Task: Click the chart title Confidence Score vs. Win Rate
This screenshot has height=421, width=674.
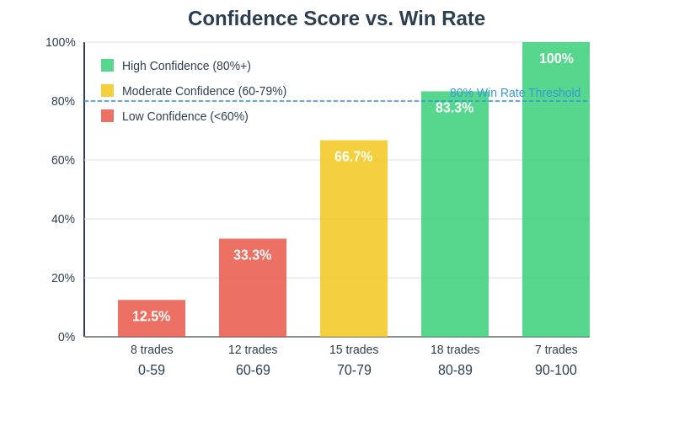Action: point(336,19)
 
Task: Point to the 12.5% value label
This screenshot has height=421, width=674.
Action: point(152,317)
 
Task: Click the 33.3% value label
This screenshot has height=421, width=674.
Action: point(253,255)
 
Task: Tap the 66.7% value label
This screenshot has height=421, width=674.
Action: point(354,157)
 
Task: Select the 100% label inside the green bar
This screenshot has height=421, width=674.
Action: point(556,59)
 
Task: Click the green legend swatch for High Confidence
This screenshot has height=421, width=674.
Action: point(107,66)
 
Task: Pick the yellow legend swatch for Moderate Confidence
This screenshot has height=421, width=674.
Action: point(107,91)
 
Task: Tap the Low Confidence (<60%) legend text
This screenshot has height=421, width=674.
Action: point(185,116)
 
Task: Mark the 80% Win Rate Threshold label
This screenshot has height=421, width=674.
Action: point(515,93)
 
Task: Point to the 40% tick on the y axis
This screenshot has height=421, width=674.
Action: point(63,219)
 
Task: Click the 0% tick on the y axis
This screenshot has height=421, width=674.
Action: point(67,337)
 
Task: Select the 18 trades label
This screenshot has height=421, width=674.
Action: point(455,349)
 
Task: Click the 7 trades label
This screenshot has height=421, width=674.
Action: point(556,349)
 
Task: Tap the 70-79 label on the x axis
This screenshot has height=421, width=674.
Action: point(354,370)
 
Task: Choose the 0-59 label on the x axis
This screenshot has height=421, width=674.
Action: point(152,370)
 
